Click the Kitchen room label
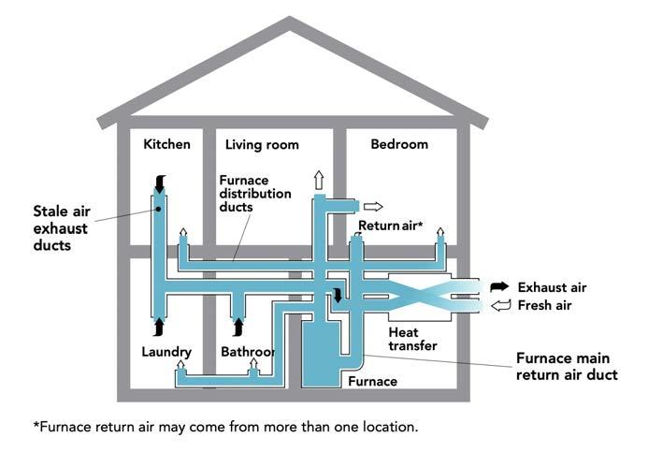[166, 144]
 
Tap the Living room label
[262, 145]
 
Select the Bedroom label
[399, 144]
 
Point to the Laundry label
[167, 352]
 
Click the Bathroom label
[248, 352]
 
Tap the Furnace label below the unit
[372, 381]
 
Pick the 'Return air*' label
[391, 226]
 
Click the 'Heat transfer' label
[412, 339]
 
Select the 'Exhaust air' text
[553, 287]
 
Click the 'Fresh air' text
[544, 305]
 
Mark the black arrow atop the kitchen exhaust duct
[159, 184]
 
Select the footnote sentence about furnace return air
[226, 427]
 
